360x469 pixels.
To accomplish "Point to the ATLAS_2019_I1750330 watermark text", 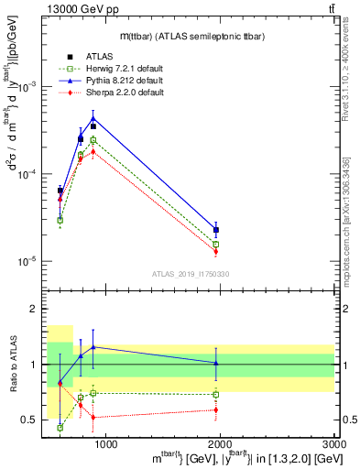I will [x=191, y=273].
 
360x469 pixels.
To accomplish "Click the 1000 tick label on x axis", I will [x=106, y=444].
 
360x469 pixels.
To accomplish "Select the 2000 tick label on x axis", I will [x=221, y=444].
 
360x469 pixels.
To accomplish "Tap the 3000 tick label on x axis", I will [x=333, y=444].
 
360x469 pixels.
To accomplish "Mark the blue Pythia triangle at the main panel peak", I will [x=93, y=118].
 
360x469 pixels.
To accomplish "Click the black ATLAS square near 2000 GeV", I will [x=216, y=230].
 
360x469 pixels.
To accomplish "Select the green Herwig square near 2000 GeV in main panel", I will [x=216, y=245].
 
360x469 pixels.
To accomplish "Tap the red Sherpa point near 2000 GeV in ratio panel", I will [x=216, y=409].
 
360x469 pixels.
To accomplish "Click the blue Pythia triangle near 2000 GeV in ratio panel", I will [x=216, y=363].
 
